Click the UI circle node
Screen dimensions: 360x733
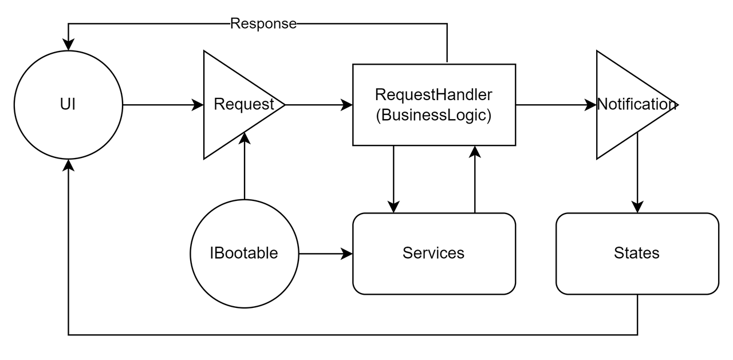tap(68, 105)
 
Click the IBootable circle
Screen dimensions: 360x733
tap(244, 253)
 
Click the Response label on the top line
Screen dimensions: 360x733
tap(263, 23)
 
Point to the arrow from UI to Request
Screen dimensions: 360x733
tap(163, 105)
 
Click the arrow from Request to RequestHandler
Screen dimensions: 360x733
tap(318, 105)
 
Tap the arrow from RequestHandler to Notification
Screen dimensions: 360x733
tap(555, 105)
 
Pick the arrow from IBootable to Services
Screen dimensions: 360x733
tap(325, 253)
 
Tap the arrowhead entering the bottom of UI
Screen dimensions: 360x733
tap(69, 165)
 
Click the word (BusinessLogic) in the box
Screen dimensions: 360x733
tap(434, 115)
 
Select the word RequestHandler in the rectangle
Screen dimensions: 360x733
tap(434, 94)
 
